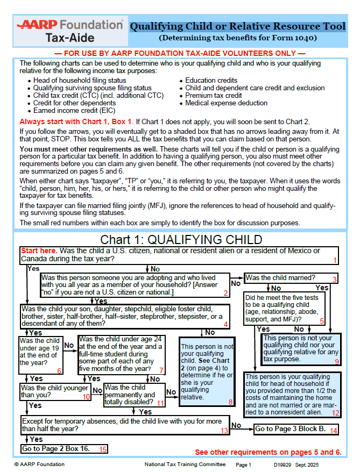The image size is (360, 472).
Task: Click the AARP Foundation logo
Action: [70, 31]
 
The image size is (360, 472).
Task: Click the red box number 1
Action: [334, 260]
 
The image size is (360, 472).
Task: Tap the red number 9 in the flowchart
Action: [336, 362]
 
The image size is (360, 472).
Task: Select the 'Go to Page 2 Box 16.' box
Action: [64, 448]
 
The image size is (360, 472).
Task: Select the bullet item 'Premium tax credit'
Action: [213, 95]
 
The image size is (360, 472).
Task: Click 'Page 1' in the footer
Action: [243, 464]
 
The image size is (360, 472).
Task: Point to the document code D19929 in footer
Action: [283, 464]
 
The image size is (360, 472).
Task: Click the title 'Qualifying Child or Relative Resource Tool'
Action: [237, 26]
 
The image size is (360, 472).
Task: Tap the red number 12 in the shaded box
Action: [335, 413]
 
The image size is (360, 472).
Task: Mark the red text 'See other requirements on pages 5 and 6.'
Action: [267, 452]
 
